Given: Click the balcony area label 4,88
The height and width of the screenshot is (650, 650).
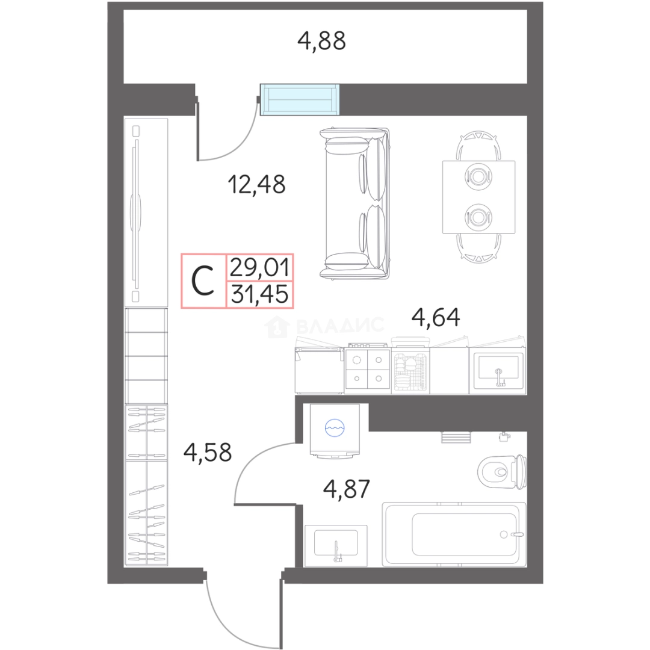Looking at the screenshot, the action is coord(321,41).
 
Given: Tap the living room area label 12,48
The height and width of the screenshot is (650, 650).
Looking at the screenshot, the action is coord(256,184).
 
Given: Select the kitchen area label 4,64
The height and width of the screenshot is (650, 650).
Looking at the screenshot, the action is coord(436,317).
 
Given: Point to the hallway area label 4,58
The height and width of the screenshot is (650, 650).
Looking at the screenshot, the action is coord(208,452).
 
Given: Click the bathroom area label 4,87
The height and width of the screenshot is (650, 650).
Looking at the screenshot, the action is coord(347,489).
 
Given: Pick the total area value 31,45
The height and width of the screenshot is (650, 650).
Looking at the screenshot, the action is coord(259,295).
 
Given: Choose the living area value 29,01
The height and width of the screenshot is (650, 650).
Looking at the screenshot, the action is coord(259,267).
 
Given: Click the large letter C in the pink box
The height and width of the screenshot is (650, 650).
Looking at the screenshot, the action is coord(203,280).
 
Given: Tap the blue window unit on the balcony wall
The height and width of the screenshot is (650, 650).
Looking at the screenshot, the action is coord(300,99).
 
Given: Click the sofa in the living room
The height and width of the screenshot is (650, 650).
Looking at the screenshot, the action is coord(354,203).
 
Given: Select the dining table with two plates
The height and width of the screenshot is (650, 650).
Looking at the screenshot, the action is coord(479,197).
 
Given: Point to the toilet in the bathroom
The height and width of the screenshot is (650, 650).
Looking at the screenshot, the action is coord(502,472).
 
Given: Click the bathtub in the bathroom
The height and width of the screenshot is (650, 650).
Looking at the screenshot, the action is coord(454,534).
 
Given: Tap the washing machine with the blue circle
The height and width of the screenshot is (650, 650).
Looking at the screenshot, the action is coord(335,431).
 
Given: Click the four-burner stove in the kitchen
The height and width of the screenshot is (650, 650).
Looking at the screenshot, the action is coord(368,369).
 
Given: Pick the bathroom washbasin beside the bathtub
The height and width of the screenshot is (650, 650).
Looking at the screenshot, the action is coord(336,545).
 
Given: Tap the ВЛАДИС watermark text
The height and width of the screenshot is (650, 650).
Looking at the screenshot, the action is coord(341,326).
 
